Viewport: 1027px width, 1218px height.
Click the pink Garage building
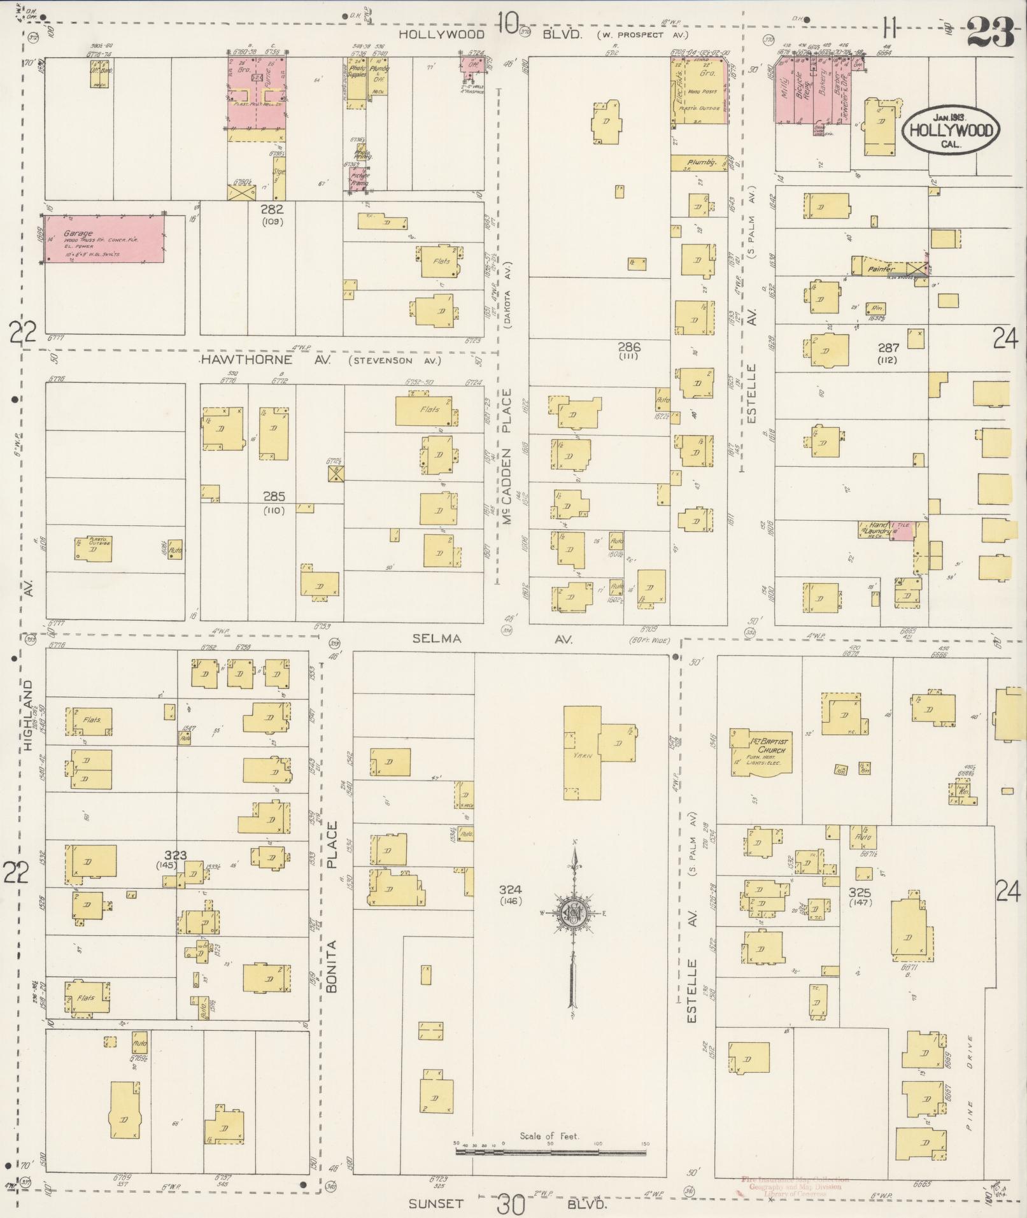(104, 238)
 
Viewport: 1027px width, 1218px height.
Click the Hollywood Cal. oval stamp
(950, 130)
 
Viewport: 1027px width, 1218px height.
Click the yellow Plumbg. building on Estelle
(698, 163)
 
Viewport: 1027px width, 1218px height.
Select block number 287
(888, 348)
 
